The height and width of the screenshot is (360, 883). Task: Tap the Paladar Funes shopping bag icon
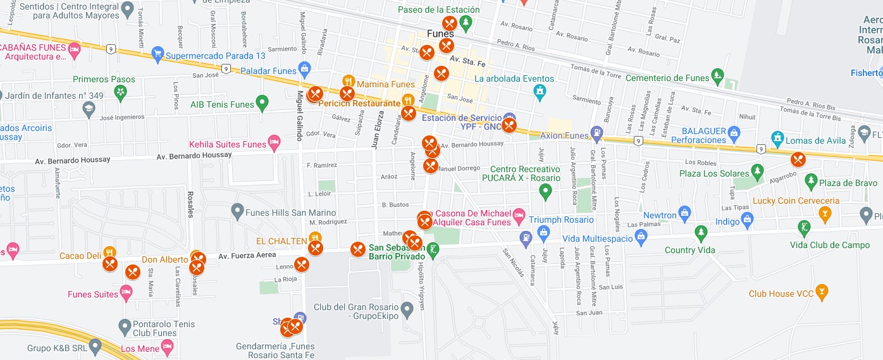point(304,68)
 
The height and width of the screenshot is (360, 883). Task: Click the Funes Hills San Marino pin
point(237,209)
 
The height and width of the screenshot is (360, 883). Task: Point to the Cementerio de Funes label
point(667,78)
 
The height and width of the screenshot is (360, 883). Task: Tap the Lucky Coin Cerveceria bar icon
point(824,213)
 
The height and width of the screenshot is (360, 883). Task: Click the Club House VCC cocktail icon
point(822,291)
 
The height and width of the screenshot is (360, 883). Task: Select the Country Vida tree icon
point(700,233)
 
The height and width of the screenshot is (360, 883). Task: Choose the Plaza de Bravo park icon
point(811,180)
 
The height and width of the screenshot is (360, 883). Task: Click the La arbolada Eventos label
point(514,78)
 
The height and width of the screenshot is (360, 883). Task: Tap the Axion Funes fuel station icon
point(596,133)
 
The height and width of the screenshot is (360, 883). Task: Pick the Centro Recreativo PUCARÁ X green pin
point(546,190)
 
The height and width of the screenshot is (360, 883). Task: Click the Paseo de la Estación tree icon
point(466,24)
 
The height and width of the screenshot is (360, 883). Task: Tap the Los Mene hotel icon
point(167,346)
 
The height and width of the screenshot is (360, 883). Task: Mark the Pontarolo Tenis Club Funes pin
point(125,326)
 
